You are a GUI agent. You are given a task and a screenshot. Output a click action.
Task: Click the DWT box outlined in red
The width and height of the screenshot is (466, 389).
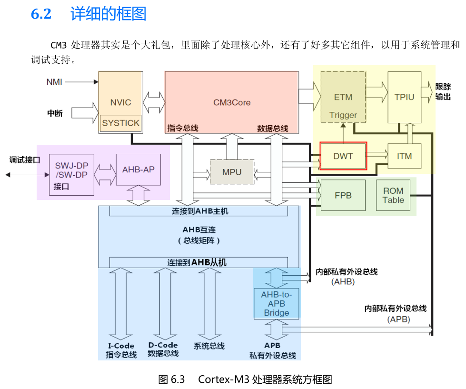343,156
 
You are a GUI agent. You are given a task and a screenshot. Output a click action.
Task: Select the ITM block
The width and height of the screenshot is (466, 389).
404,156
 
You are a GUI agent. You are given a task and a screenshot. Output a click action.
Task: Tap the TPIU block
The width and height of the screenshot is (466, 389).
404,97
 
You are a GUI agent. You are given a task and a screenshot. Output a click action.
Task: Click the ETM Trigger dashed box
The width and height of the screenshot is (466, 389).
343,97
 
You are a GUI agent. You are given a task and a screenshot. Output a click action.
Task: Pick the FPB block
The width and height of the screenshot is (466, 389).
343,195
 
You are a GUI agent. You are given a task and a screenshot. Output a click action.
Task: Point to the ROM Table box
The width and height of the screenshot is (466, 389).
393,195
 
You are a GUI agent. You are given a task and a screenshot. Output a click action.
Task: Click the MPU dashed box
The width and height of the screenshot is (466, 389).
232,172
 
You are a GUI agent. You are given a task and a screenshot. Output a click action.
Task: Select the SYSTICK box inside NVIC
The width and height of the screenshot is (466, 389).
121,123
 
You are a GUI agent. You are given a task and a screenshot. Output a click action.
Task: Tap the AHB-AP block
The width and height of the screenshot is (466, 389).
139,170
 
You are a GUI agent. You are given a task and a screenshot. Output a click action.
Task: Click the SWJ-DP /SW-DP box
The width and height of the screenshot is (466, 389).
72,170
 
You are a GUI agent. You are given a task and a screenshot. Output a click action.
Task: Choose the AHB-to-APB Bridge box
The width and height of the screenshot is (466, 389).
277,303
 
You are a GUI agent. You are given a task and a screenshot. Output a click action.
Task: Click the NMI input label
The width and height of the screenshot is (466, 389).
54,82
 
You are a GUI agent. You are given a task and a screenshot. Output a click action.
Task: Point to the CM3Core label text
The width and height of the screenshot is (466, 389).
232,102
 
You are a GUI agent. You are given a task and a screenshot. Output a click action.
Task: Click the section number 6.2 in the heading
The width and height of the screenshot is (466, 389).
41,14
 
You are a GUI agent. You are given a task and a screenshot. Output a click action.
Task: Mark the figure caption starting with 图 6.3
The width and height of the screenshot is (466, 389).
245,379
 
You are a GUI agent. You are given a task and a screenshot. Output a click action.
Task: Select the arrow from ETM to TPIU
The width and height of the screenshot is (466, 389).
377,89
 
